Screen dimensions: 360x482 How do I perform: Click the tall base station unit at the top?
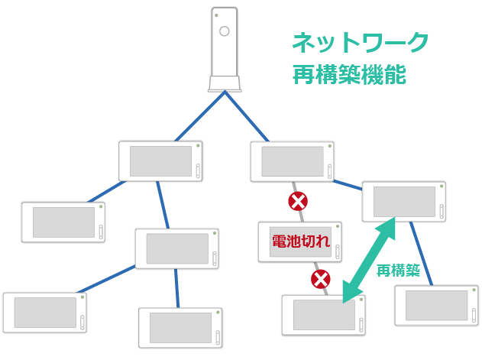tap(225, 50)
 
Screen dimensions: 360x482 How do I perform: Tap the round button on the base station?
tap(225, 31)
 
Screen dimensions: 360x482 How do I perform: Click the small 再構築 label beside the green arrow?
tap(399, 270)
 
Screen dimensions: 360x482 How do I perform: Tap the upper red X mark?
tap(298, 202)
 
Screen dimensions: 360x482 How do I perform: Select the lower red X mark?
tap(321, 279)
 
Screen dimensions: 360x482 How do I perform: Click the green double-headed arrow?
tap(369, 258)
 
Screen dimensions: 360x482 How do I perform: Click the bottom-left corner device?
tap(44, 313)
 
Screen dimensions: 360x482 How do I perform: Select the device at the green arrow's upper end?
tap(403, 202)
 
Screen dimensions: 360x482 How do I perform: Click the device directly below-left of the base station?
tap(160, 161)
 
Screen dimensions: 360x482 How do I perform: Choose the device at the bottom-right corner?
tap(436, 306)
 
